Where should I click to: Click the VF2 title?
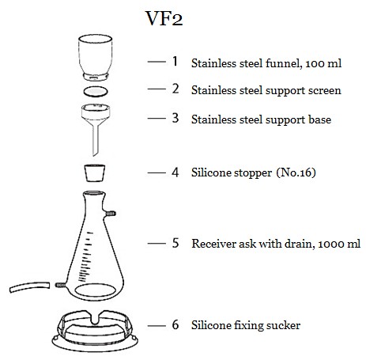click(x=164, y=18)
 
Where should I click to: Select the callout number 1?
click(x=175, y=61)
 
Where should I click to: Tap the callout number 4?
click(x=175, y=172)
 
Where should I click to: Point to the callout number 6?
click(x=175, y=324)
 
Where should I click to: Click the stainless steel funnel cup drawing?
click(x=96, y=58)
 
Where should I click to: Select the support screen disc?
click(x=96, y=92)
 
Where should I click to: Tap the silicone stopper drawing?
click(x=95, y=173)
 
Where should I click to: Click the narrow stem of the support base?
click(x=96, y=141)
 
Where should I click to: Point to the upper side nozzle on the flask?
click(x=110, y=214)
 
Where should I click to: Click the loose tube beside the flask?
click(x=29, y=287)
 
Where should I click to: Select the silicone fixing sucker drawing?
click(x=95, y=331)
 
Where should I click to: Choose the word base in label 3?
click(x=320, y=119)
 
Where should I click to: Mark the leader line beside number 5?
click(x=157, y=244)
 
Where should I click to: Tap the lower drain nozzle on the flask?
click(x=60, y=285)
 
